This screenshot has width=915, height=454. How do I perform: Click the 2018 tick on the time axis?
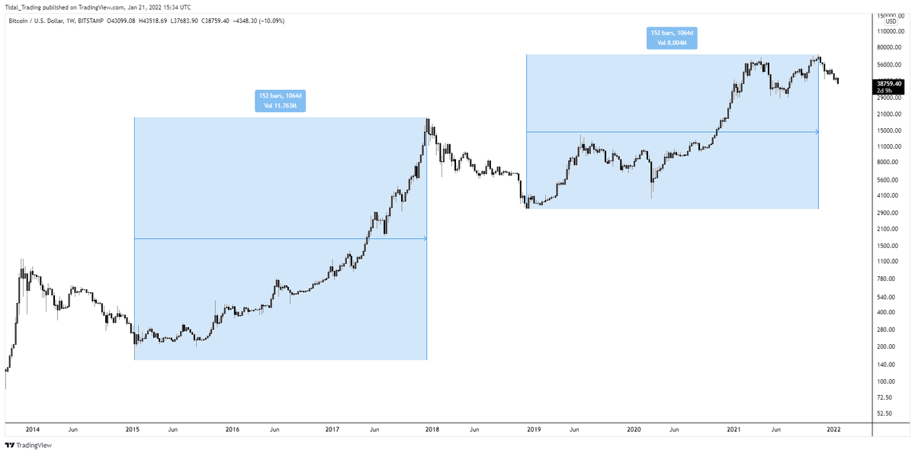pyautogui.click(x=432, y=430)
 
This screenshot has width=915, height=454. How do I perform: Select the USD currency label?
pyautogui.click(x=890, y=21)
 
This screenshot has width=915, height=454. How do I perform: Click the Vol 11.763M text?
pyautogui.click(x=281, y=105)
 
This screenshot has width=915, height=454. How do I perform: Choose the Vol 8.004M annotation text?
pyautogui.click(x=673, y=43)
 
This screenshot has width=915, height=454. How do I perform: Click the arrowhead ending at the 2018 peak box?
pyautogui.click(x=424, y=239)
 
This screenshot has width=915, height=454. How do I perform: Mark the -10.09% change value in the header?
pyautogui.click(x=271, y=21)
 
